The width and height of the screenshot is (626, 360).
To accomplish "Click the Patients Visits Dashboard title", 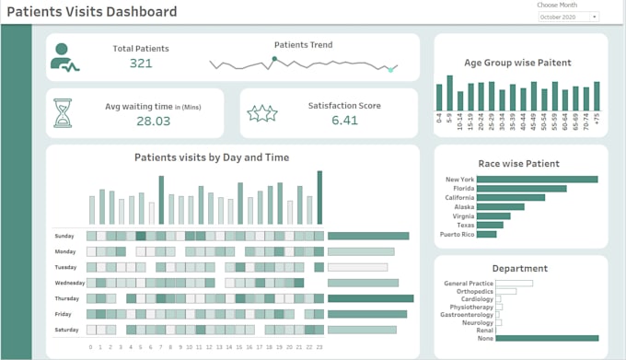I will click(91, 12).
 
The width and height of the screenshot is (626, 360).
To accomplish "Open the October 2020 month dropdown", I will click(568, 17).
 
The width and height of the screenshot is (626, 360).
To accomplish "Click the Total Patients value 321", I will click(141, 64).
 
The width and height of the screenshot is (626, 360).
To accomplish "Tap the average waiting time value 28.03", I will click(153, 121).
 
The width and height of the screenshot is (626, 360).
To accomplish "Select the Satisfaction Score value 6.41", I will click(344, 120).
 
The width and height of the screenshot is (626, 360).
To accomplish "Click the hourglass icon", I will click(63, 112).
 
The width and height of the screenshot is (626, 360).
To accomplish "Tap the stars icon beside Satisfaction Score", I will click(262, 113).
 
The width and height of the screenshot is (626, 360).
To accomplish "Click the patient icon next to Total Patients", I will click(64, 56).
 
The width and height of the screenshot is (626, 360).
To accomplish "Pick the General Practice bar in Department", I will click(515, 283).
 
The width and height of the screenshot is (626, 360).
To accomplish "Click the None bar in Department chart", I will click(548, 338).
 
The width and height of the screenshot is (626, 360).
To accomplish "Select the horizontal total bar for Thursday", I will click(369, 298).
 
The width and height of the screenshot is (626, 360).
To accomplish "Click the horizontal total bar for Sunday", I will click(367, 236).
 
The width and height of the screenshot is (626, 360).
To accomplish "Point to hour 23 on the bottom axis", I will click(319, 347).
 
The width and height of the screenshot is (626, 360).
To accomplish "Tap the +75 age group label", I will click(597, 119).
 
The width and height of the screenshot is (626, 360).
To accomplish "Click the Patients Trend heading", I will click(303, 44).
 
